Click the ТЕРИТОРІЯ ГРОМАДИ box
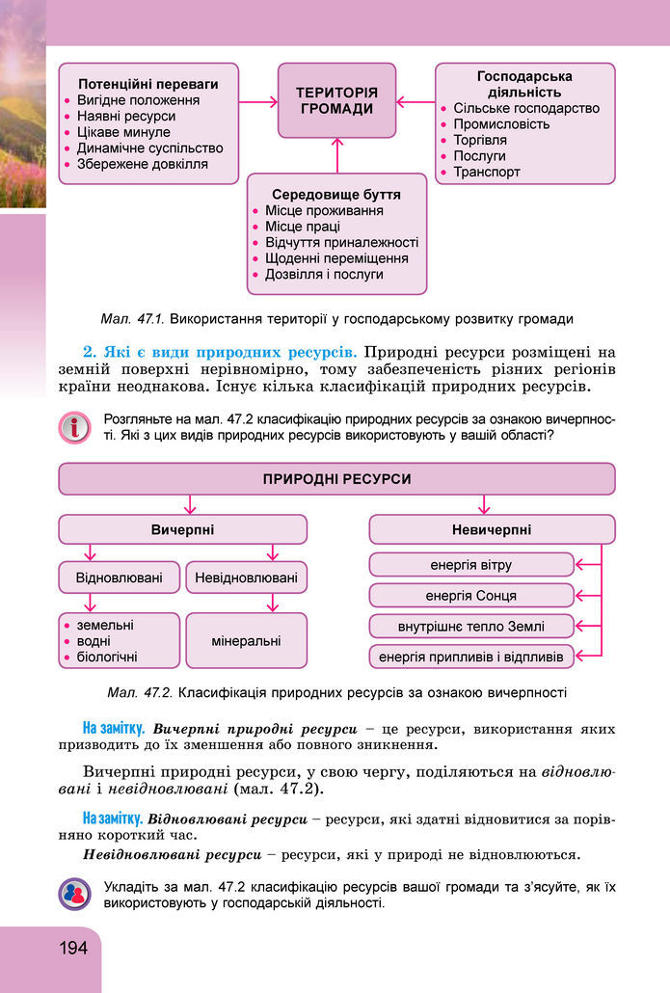(336, 100)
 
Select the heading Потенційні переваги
(147, 84)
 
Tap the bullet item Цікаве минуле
(123, 132)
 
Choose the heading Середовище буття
(336, 194)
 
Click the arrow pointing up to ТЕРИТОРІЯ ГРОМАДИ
(336, 155)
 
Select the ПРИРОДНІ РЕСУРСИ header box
(336, 478)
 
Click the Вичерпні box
(183, 529)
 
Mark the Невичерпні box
(492, 529)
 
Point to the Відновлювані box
(119, 578)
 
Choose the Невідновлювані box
(246, 578)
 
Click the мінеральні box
(246, 640)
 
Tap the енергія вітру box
(471, 564)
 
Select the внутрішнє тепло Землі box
(471, 626)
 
